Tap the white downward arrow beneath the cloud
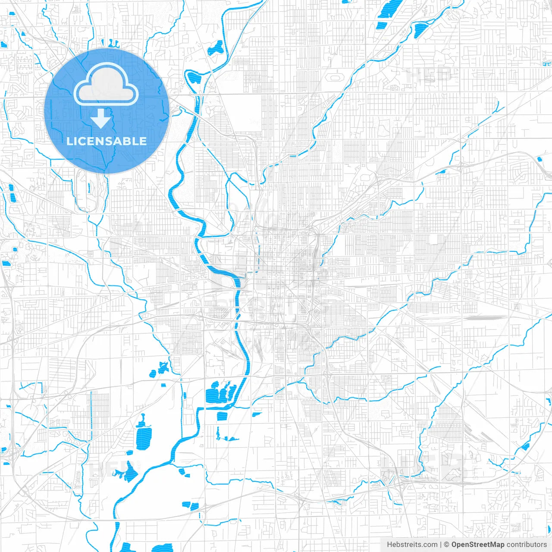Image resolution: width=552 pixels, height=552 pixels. (101, 119)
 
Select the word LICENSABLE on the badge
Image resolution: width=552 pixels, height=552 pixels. (107, 141)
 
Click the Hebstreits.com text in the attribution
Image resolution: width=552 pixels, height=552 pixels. (412, 545)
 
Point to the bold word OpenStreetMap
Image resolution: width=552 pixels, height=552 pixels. (478, 545)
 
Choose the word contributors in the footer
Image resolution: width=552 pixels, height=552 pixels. (527, 545)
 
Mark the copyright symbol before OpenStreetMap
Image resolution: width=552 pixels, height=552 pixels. (447, 545)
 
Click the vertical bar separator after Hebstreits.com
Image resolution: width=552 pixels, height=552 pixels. (441, 545)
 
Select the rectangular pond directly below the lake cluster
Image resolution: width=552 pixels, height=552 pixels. (222, 416)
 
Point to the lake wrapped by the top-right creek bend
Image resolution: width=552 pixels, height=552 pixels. (420, 30)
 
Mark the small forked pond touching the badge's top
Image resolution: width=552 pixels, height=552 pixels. (113, 43)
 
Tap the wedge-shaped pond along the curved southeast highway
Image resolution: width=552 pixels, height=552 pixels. (525, 447)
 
